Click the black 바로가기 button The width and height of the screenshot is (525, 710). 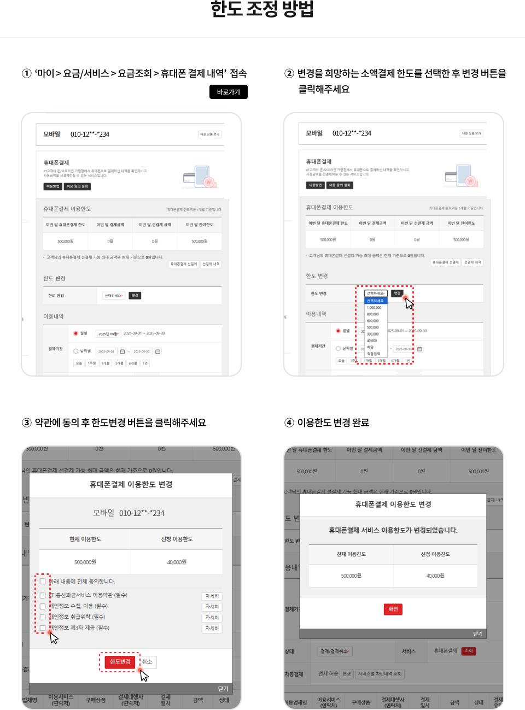click(x=228, y=92)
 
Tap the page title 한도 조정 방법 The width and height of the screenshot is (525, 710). click(x=262, y=9)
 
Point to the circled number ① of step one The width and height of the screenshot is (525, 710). click(x=27, y=73)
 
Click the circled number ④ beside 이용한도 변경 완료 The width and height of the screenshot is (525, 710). click(x=289, y=423)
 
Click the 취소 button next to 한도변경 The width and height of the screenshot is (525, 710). click(x=147, y=662)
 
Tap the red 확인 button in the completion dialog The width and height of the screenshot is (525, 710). click(x=393, y=609)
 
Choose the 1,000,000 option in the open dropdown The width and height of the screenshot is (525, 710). click(x=375, y=308)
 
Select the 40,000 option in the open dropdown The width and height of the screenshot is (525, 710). click(x=372, y=341)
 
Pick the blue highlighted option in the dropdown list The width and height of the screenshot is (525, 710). click(x=375, y=301)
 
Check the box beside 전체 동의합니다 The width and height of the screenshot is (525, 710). click(x=43, y=582)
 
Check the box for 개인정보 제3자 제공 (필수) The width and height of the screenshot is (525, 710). click(x=43, y=628)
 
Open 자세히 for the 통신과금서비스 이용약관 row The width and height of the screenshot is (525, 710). click(x=212, y=596)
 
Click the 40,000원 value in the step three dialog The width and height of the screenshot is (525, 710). click(x=177, y=562)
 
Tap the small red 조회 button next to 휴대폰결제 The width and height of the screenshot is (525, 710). click(x=468, y=651)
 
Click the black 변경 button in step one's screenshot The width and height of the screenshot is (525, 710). click(x=135, y=296)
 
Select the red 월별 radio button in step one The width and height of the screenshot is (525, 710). click(x=76, y=333)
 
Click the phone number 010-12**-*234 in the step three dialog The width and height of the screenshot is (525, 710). click(x=142, y=513)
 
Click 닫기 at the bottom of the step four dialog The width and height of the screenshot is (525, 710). click(x=477, y=634)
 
